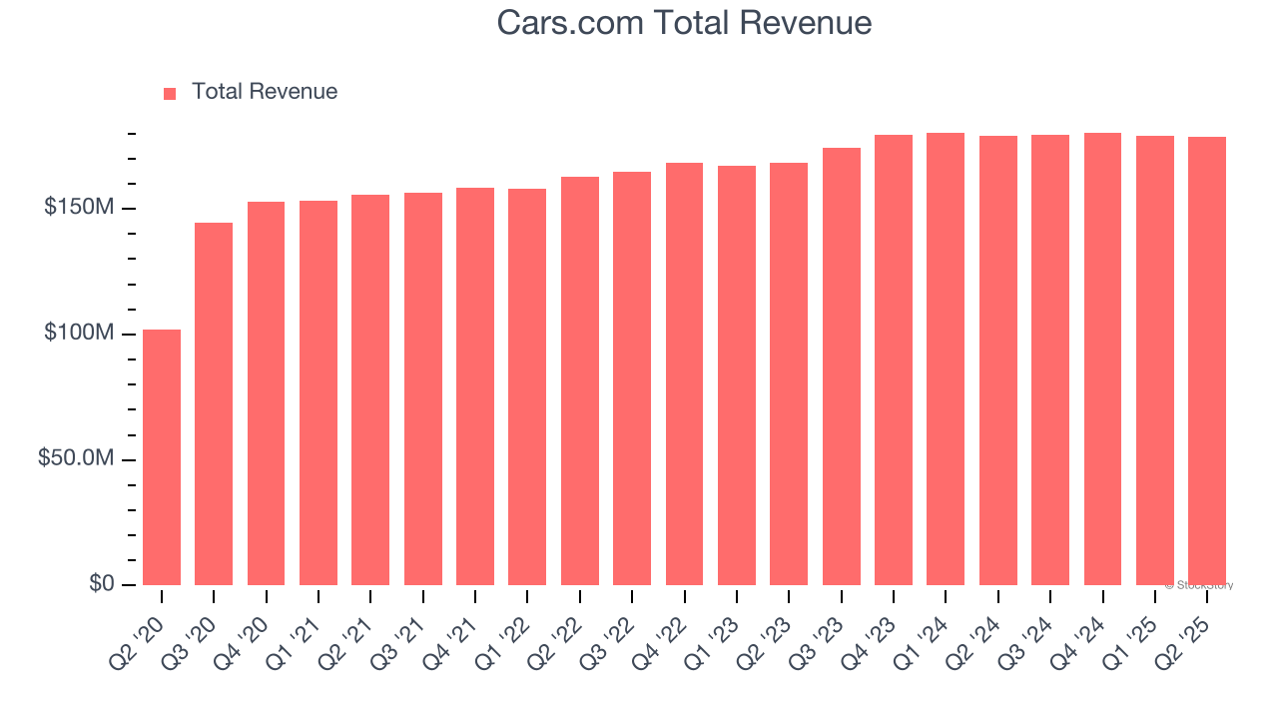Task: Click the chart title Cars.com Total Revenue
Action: click(x=684, y=23)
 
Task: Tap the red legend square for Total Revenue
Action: click(x=170, y=93)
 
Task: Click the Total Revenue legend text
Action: click(x=264, y=92)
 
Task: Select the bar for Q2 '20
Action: click(x=162, y=457)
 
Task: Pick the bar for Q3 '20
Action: click(x=214, y=403)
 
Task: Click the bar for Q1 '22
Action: click(x=527, y=386)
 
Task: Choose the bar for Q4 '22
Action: click(x=684, y=373)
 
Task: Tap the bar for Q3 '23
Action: click(x=841, y=366)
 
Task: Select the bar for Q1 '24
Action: click(x=946, y=359)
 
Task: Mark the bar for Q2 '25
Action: click(x=1207, y=360)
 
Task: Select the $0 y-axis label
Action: click(x=101, y=583)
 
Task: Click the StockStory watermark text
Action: click(x=1199, y=585)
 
